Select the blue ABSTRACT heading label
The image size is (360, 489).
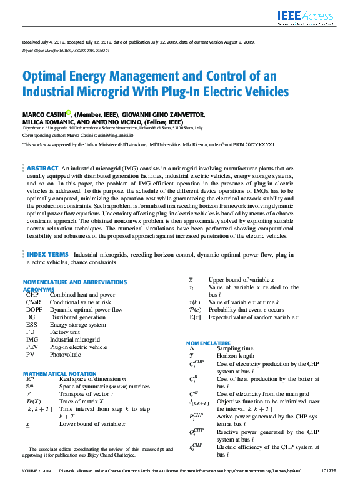(42, 169)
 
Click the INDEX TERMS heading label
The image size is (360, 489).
(47, 254)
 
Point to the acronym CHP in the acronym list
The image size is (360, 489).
(31, 295)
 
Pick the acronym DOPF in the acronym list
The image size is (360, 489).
(34, 310)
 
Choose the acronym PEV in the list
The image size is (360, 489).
(32, 347)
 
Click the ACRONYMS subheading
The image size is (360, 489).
(38, 289)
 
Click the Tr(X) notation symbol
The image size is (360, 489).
(33, 401)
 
